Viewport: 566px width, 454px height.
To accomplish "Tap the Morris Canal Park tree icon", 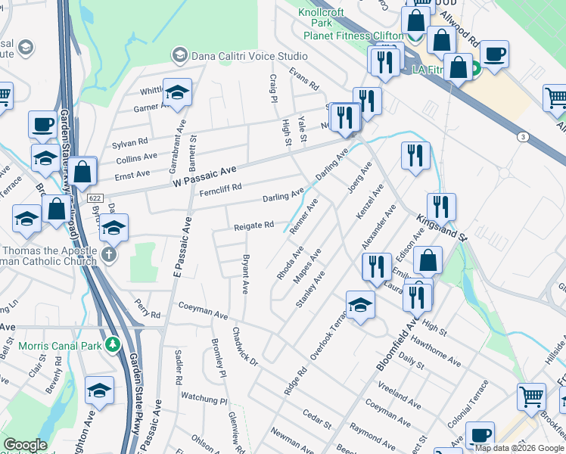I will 113,345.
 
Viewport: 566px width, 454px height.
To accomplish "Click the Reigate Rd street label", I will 253,225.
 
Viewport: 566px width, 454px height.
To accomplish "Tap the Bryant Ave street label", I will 245,275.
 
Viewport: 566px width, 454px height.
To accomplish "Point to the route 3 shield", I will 522,137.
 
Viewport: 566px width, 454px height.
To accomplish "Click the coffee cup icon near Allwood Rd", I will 494,54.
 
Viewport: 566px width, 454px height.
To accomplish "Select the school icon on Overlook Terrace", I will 361,306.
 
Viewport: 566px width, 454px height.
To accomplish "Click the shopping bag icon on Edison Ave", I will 428,260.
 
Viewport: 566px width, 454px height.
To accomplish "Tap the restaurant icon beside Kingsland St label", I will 440,206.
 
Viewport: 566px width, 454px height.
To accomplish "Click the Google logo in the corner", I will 25,445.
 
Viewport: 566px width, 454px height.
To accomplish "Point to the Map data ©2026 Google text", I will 518,448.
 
